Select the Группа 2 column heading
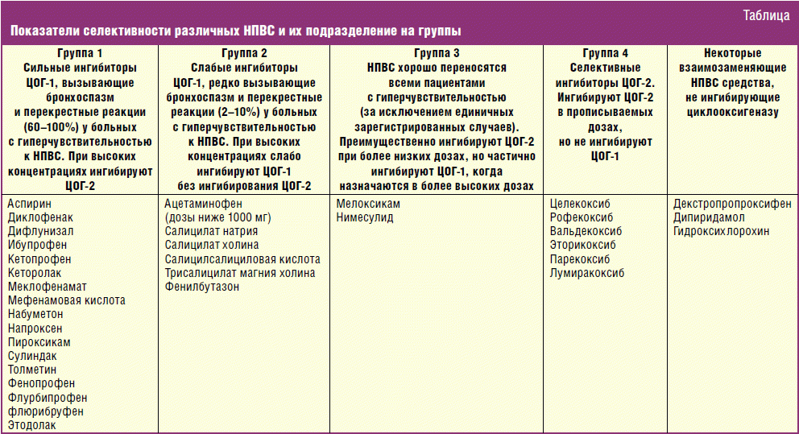[x=243, y=54]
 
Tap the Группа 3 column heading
[x=436, y=54]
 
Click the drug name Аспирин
[x=29, y=204]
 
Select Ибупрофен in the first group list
[x=36, y=246]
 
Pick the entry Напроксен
[x=35, y=329]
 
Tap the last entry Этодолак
[x=32, y=425]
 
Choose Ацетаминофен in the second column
[x=201, y=204]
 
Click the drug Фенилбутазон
[x=202, y=287]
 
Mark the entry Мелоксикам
[x=368, y=204]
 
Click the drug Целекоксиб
[x=581, y=204]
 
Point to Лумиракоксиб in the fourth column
[x=587, y=273]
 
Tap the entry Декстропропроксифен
[x=732, y=204]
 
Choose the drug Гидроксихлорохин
[x=722, y=232]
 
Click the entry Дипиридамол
[x=709, y=217]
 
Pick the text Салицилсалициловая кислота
[x=242, y=259]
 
